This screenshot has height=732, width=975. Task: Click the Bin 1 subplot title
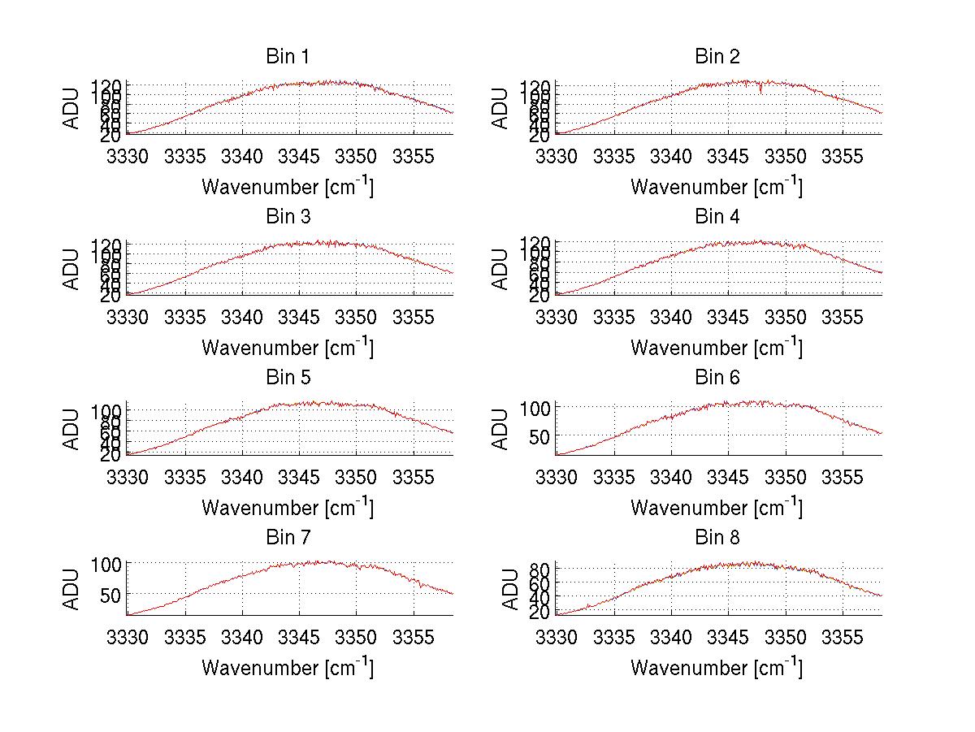pyautogui.click(x=288, y=57)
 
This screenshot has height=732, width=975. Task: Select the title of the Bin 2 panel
pyautogui.click(x=717, y=57)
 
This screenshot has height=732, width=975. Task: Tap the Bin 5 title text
pyautogui.click(x=288, y=378)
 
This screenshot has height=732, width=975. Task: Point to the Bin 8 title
pyautogui.click(x=717, y=538)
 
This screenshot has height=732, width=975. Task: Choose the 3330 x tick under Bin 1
pyautogui.click(x=128, y=156)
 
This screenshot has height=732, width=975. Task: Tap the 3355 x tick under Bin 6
pyautogui.click(x=843, y=477)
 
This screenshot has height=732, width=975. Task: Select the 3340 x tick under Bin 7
pyautogui.click(x=242, y=637)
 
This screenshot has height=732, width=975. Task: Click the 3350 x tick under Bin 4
pyautogui.click(x=786, y=316)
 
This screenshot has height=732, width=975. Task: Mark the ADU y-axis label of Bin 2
pyautogui.click(x=501, y=108)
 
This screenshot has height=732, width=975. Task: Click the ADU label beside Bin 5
pyautogui.click(x=72, y=429)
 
